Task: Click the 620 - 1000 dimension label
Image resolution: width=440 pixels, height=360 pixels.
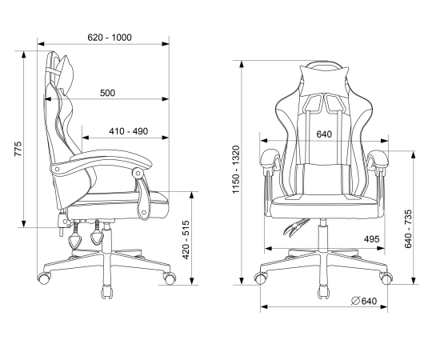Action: tap(110, 38)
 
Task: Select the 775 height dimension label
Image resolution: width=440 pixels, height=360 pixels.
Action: tap(18, 149)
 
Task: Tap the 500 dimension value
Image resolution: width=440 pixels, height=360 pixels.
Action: tap(107, 93)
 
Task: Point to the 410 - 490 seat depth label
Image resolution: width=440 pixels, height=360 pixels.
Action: tap(128, 131)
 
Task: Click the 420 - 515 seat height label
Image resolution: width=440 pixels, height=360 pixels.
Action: tap(186, 240)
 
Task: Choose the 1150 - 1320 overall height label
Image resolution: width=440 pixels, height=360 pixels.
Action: tap(236, 169)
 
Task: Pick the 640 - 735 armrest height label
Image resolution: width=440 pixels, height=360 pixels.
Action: tap(408, 229)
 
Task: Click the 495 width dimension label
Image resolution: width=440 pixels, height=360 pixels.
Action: tap(371, 239)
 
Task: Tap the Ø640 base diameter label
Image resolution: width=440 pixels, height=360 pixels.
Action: tap(364, 301)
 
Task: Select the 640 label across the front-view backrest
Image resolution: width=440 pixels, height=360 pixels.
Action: tap(324, 134)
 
